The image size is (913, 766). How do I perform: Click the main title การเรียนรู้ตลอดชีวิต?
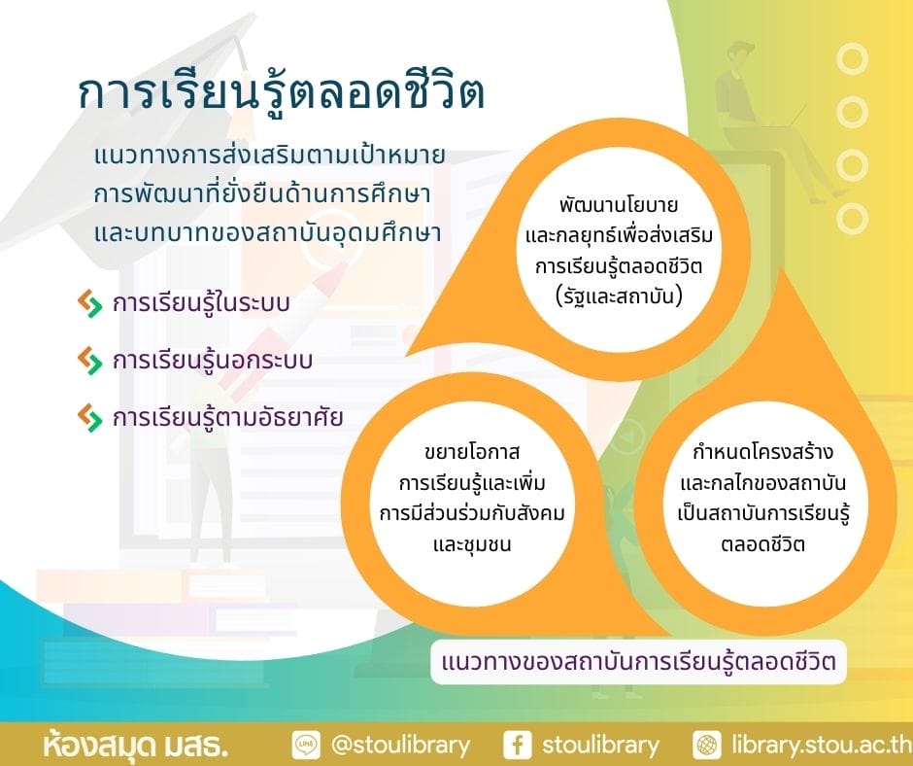point(282,93)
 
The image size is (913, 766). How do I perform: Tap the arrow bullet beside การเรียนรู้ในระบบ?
point(89,303)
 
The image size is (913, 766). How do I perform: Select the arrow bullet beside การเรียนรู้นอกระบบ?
point(89,361)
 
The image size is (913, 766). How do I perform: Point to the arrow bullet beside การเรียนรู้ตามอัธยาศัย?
point(89,417)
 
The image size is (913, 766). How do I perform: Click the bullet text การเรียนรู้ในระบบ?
point(201,303)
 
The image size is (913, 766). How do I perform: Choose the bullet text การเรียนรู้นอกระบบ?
point(213,361)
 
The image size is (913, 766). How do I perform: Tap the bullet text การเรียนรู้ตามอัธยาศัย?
point(227,417)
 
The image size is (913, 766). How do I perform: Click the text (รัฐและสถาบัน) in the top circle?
point(619,296)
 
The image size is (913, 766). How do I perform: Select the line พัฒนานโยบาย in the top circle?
point(619,205)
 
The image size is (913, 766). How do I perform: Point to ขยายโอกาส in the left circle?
point(472,452)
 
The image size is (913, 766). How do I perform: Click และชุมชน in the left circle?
point(472,544)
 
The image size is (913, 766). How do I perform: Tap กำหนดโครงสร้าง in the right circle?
point(763,452)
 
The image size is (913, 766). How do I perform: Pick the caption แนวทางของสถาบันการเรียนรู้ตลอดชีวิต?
point(639,662)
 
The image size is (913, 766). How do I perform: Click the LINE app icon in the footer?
point(306,745)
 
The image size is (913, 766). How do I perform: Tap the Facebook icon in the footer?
point(517,745)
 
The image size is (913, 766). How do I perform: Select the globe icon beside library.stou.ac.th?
point(707,745)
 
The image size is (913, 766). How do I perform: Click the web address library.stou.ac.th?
point(822,745)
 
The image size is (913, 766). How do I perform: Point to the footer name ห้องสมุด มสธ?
point(135,745)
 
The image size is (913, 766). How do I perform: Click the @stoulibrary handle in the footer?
point(400,746)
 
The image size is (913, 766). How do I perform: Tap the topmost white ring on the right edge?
point(852,59)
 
